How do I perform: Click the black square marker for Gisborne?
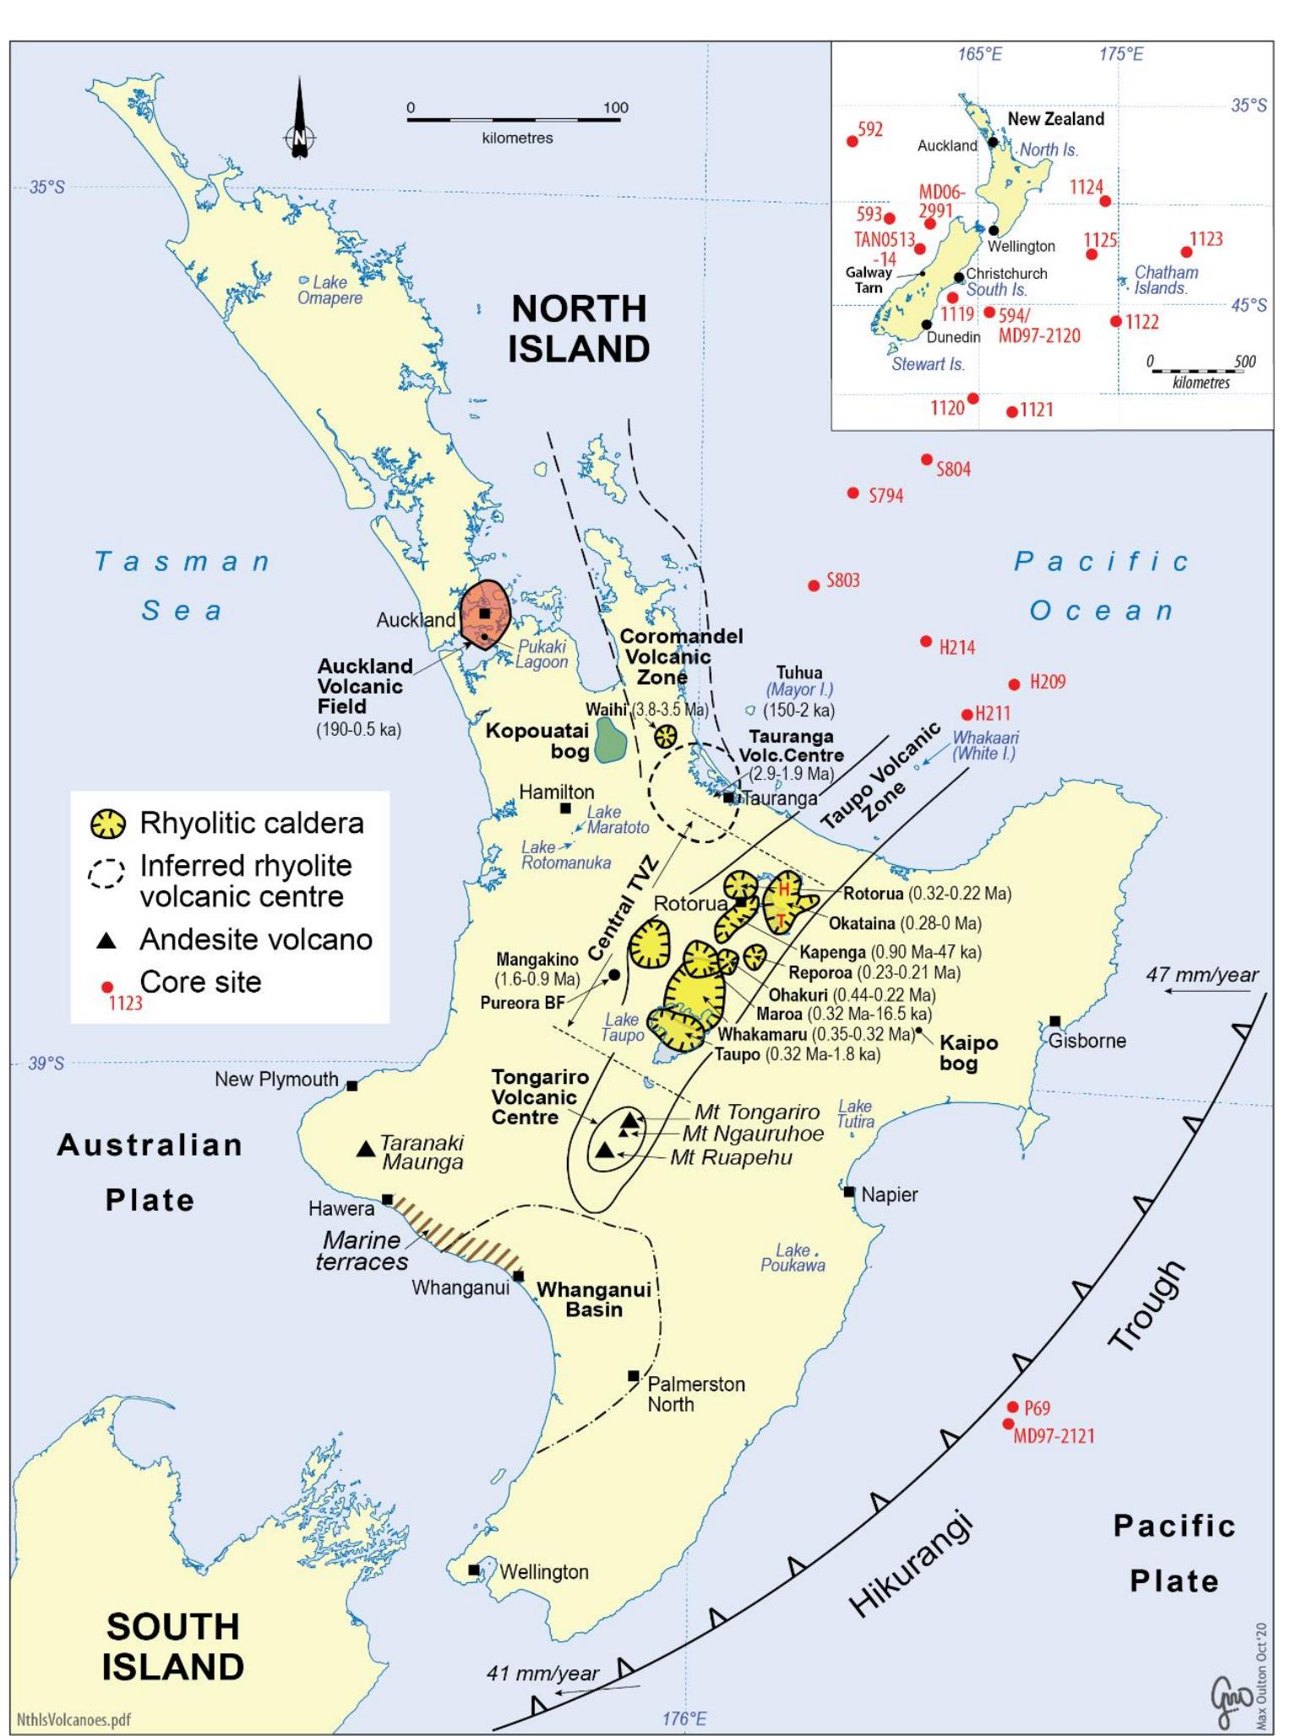[1054, 1020]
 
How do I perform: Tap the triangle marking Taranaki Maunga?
[365, 1149]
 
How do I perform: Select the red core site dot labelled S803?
[814, 585]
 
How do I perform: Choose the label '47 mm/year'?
[1201, 974]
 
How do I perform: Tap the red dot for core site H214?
[926, 641]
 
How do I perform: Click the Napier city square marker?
[849, 1192]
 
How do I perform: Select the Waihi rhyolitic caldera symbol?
[666, 736]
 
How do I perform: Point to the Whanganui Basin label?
[594, 1299]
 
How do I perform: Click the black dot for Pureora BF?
[614, 975]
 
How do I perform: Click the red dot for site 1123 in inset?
[1186, 252]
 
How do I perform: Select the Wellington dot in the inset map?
[994, 230]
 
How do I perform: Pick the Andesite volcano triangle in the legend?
[106, 940]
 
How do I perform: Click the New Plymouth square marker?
[352, 1086]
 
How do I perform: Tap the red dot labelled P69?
[1013, 1407]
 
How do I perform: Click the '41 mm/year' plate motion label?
[542, 1673]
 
